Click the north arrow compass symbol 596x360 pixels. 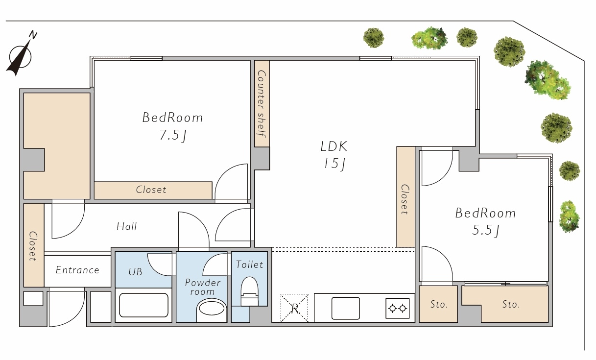21,54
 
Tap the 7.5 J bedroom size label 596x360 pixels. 173,135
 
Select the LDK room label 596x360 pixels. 334,146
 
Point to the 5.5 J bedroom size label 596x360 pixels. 486,230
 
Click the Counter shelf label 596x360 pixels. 262,104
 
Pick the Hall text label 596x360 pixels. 127,226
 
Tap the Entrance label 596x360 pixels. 77,270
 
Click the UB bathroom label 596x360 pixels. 136,272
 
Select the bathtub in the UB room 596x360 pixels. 143,305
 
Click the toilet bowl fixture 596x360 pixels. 250,291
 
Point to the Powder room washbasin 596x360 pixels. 212,310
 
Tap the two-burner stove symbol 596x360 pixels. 398,309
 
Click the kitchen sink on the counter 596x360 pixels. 346,308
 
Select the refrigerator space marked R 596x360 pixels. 294,308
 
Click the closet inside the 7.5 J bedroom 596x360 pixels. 153,190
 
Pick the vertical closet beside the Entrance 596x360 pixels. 34,245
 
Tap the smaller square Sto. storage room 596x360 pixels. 438,304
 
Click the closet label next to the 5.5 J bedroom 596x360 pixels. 405,199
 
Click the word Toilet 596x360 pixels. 250,264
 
